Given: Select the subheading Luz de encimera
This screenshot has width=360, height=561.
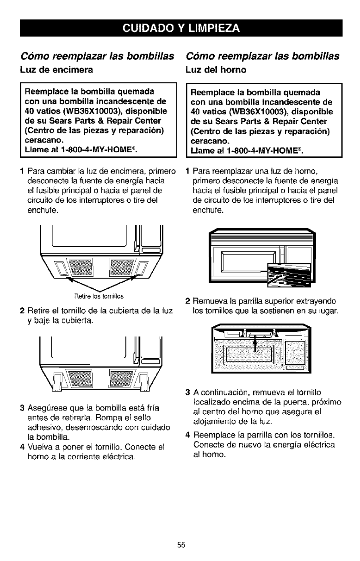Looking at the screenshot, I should (x=56, y=70).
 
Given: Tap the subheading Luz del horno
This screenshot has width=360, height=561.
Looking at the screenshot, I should (x=216, y=70).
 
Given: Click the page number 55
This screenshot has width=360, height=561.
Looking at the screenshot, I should (x=180, y=545).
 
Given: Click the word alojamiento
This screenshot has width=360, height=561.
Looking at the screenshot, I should (x=214, y=422).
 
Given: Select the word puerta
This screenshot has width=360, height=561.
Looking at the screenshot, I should (x=292, y=403).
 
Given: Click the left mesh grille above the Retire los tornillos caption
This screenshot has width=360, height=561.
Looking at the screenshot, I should (x=81, y=268).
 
